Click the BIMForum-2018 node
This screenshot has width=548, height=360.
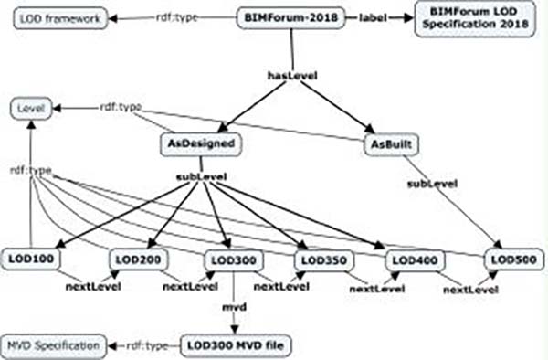[x=291, y=17]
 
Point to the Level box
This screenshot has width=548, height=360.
[x=29, y=110]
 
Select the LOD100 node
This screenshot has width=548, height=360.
[x=30, y=259]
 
